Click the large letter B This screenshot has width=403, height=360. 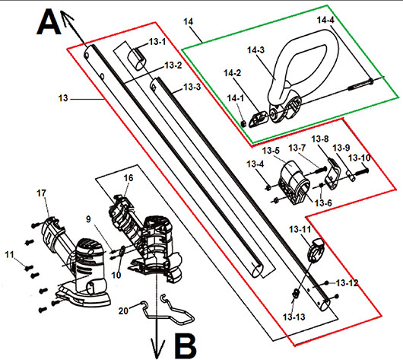[186, 346]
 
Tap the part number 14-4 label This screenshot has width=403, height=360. [325, 20]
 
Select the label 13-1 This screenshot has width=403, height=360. [157, 42]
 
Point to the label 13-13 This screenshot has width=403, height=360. [294, 317]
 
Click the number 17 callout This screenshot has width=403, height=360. [41, 193]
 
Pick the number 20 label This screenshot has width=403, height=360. [123, 311]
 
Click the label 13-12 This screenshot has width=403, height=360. [347, 283]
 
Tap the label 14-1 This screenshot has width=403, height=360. [236, 98]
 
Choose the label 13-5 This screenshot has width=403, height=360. [271, 150]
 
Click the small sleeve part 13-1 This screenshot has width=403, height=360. [137, 59]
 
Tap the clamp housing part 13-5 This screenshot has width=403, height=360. [294, 182]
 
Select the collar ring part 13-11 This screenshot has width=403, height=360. [316, 250]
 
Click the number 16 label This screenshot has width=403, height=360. [129, 178]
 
